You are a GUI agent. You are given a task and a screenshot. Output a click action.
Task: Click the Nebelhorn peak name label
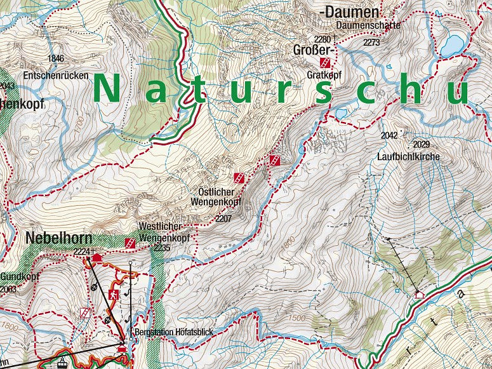58,239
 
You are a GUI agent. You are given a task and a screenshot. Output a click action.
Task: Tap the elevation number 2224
82,252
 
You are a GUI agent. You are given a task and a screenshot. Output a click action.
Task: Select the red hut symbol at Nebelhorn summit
97,257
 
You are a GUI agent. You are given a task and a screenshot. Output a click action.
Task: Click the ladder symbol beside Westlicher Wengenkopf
130,243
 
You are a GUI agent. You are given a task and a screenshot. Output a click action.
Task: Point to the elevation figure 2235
162,248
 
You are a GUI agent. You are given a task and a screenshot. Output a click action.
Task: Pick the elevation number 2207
223,218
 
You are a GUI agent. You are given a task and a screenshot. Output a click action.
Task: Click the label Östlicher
216,192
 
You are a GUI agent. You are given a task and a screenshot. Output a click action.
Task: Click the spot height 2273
371,42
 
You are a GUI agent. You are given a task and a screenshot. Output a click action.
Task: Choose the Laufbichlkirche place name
408,156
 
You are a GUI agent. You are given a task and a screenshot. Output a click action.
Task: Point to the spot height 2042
389,136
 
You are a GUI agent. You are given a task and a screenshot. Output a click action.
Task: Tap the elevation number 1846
56,58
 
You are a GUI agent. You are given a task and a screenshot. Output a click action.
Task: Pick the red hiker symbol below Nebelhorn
113,295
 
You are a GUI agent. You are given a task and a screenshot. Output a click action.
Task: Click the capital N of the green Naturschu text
107,89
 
